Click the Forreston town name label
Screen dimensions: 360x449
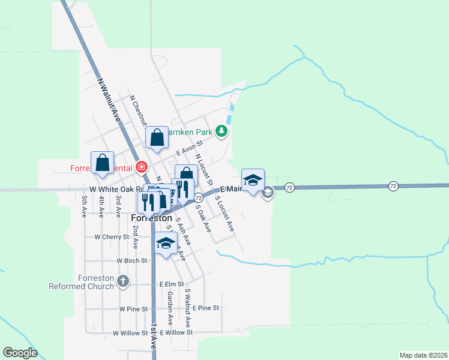151,218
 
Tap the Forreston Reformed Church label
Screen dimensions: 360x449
95,282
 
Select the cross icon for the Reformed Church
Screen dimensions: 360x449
122,281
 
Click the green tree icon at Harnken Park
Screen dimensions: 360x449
221,131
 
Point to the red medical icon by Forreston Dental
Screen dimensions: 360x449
142,167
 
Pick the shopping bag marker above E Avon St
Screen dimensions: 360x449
157,138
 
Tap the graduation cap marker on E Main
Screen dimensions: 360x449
253,180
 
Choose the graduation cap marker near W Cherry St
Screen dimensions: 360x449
166,244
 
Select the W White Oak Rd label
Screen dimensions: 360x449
115,190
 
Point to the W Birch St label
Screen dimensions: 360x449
132,261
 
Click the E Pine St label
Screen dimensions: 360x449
206,308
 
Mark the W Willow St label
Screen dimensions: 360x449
130,332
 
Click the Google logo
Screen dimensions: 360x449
20,353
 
